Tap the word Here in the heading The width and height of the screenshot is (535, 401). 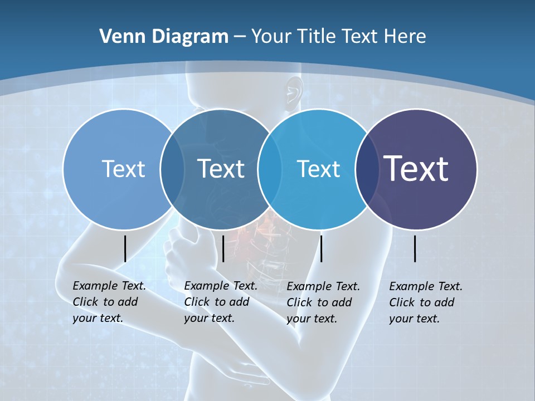pos(405,37)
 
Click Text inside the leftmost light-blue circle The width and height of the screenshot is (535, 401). pos(123,169)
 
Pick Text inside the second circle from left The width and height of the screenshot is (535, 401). pos(221,169)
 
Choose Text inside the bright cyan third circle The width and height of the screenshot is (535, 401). pos(318,169)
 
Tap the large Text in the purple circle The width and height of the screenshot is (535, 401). pos(416,169)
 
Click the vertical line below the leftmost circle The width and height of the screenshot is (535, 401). pos(125,248)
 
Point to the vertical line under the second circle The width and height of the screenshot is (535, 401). pos(223,248)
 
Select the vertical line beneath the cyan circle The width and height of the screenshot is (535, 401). pos(321,248)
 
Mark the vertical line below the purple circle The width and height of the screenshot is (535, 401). pos(415,248)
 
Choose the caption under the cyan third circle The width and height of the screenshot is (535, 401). pos(323,302)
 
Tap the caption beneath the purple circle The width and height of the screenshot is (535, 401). pos(425,302)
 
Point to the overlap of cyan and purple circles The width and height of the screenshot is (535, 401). pos(366,169)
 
